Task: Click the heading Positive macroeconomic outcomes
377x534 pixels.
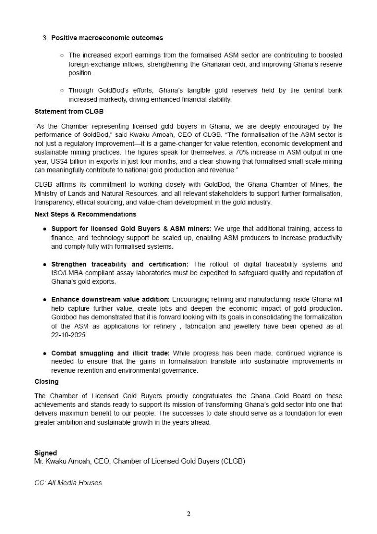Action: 107,38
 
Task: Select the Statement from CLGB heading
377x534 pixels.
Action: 61,111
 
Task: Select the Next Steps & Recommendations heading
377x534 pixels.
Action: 85,214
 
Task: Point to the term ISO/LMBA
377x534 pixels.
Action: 66,273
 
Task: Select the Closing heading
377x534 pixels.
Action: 46,382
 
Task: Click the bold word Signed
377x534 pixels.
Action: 45,453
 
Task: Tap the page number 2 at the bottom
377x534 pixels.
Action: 188,514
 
